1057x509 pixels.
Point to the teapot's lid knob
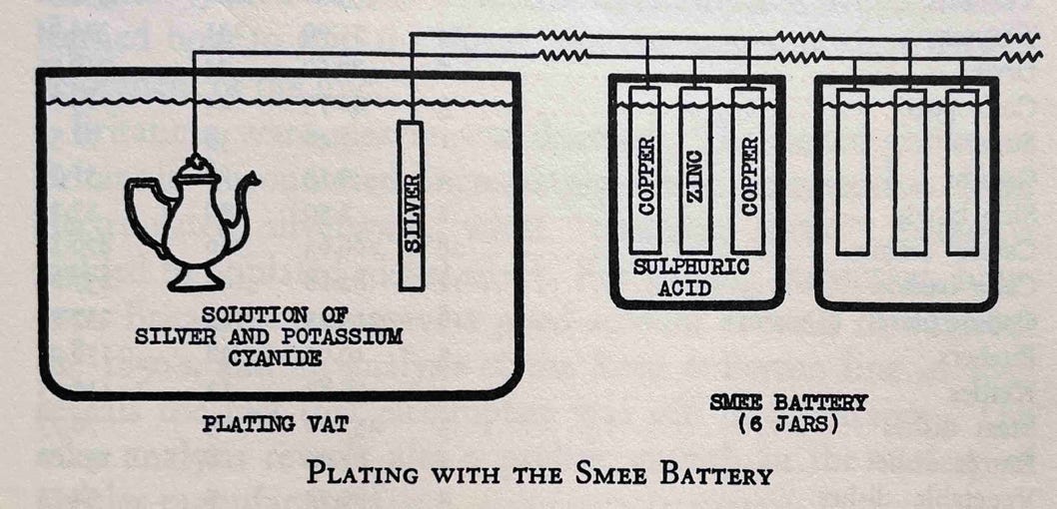(196, 161)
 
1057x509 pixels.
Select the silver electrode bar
(411, 205)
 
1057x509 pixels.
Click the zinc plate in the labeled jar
(695, 170)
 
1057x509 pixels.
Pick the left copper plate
(645, 170)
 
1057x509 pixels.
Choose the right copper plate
(747, 170)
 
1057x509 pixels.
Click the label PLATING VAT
(275, 424)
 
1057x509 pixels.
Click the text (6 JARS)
(788, 422)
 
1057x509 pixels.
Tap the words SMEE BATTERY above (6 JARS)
(788, 403)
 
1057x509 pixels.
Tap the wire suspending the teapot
(194, 110)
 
